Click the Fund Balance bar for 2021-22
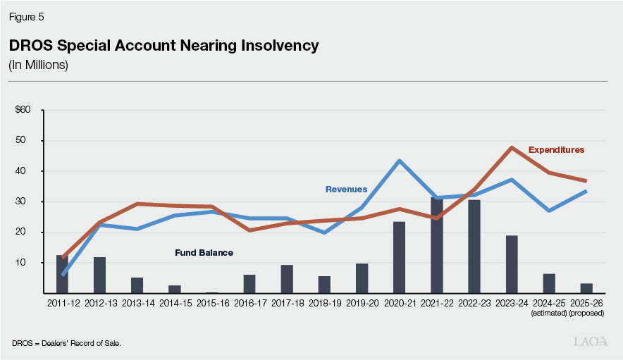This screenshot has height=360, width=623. point(436,246)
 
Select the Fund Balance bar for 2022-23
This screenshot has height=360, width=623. point(474,247)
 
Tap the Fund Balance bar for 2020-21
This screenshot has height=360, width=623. point(399,257)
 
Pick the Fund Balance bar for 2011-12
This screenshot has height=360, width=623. point(62,274)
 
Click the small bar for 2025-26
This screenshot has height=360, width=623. point(586,288)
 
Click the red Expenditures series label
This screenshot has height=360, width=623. point(557,150)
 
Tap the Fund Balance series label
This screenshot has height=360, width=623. point(204,252)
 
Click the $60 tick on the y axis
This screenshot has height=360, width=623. point(23,110)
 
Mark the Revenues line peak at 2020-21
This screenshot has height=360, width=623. point(399,161)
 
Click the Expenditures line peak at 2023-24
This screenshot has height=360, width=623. point(512,147)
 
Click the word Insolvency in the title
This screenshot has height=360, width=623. point(277,46)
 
